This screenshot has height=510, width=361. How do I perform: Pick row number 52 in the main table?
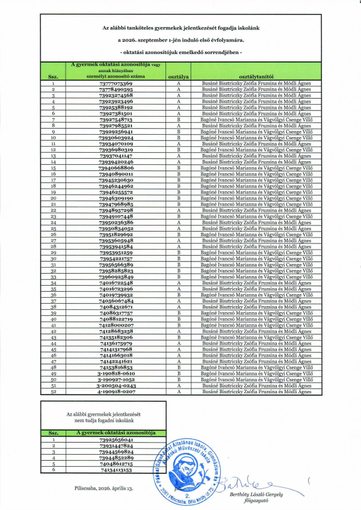[x=53, y=392]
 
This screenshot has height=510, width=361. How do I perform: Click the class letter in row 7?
[x=179, y=120]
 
